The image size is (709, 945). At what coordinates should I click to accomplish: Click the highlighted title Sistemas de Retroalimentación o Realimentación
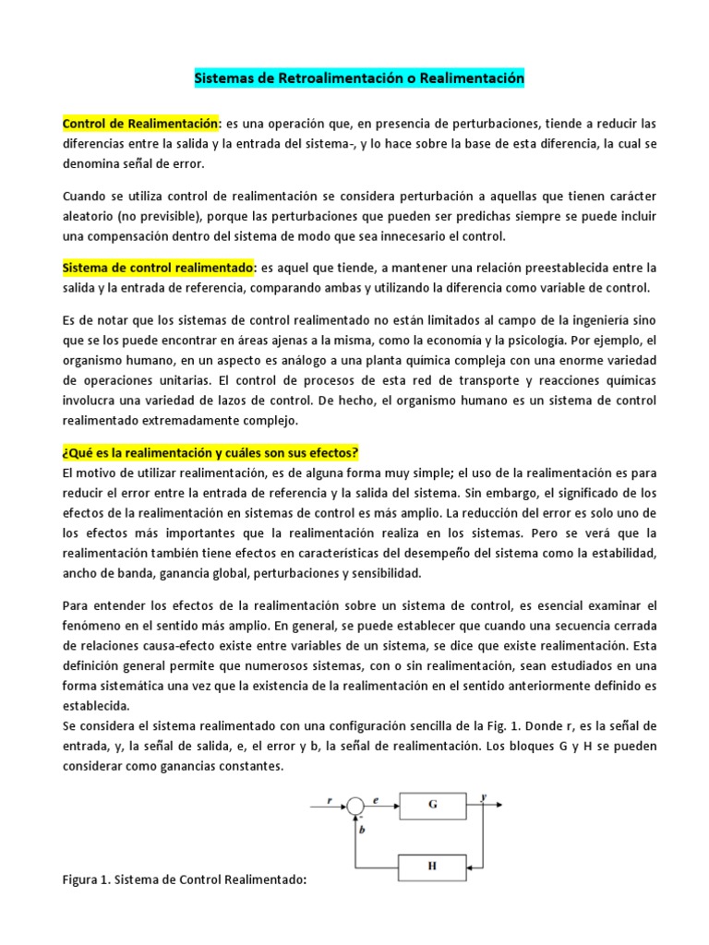[358, 79]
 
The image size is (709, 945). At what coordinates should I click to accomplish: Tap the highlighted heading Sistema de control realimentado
[159, 268]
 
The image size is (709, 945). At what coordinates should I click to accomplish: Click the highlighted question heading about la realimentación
[210, 453]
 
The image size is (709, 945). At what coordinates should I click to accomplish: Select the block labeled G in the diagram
[432, 804]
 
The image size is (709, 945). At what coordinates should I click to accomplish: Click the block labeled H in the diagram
[432, 867]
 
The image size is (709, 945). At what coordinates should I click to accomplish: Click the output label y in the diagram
[484, 795]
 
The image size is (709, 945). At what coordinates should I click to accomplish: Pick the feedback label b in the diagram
[363, 830]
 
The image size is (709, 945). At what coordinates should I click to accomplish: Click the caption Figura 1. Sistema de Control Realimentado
[184, 880]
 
